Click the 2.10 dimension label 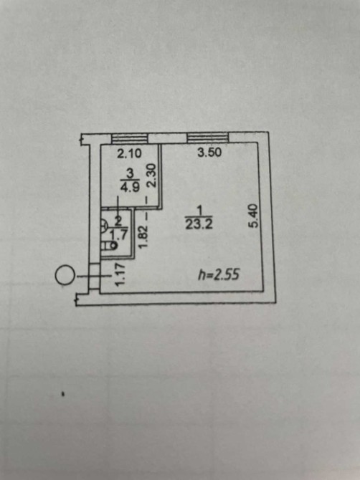click(x=130, y=153)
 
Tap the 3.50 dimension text click(x=209, y=152)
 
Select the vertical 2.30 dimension click(x=152, y=175)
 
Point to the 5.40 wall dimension click(x=255, y=216)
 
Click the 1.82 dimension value click(x=144, y=237)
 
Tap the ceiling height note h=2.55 click(x=219, y=274)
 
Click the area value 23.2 click(x=199, y=225)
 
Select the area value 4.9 click(x=130, y=187)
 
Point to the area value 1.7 click(x=120, y=235)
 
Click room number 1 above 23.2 click(x=199, y=211)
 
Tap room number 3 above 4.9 click(x=130, y=174)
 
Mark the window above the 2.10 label click(x=129, y=139)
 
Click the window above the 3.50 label click(x=208, y=138)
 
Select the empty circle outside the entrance click(x=65, y=276)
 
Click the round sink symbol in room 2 click(x=104, y=226)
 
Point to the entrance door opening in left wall click(x=95, y=277)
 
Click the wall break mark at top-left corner click(x=81, y=140)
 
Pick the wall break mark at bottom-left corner click(x=77, y=299)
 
